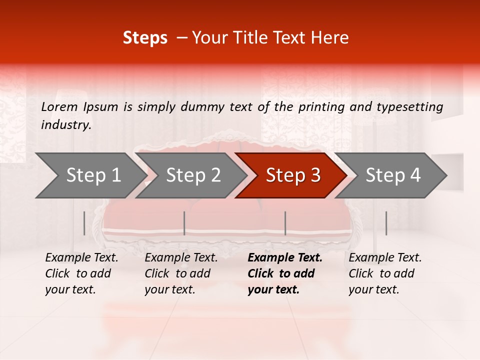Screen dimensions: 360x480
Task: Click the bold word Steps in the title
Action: (x=145, y=38)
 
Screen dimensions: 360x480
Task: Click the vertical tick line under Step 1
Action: (x=84, y=223)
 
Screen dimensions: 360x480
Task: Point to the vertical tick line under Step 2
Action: (x=184, y=223)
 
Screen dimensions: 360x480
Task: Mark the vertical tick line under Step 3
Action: (x=285, y=223)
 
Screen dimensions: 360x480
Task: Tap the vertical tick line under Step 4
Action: (x=386, y=223)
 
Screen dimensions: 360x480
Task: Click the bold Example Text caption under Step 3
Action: (x=285, y=273)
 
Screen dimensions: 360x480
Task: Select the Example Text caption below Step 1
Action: (x=81, y=273)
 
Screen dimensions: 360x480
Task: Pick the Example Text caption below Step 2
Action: (x=181, y=273)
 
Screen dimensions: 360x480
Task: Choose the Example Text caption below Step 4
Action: (x=385, y=273)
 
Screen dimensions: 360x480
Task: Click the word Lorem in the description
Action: (x=59, y=106)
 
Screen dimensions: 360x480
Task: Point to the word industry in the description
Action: (x=66, y=124)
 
